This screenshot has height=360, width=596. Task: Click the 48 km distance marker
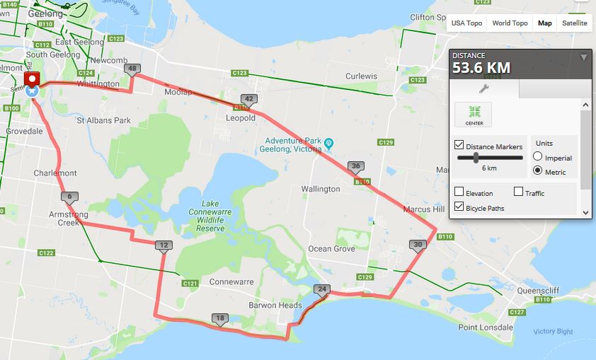tap(132, 69)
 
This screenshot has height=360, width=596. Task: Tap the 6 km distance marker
tap(69, 197)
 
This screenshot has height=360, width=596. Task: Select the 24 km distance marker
tap(323, 289)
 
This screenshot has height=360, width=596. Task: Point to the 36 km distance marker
tap(355, 166)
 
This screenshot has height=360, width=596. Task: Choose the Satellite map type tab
tap(574, 23)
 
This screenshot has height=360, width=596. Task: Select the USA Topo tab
tap(466, 23)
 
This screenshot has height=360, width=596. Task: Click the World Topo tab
tap(510, 23)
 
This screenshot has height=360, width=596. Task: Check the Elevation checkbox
tap(459, 192)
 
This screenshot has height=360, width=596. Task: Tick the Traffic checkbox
tap(519, 192)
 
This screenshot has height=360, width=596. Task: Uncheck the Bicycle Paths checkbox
tap(459, 208)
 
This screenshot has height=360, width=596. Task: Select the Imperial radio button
tap(538, 158)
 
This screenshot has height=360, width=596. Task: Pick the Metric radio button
tap(538, 172)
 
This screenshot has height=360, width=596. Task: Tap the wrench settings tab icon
tap(484, 89)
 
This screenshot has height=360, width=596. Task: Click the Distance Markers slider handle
tap(475, 158)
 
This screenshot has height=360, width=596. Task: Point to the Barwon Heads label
tap(265, 305)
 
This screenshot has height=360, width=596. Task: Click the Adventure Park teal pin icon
tap(328, 143)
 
